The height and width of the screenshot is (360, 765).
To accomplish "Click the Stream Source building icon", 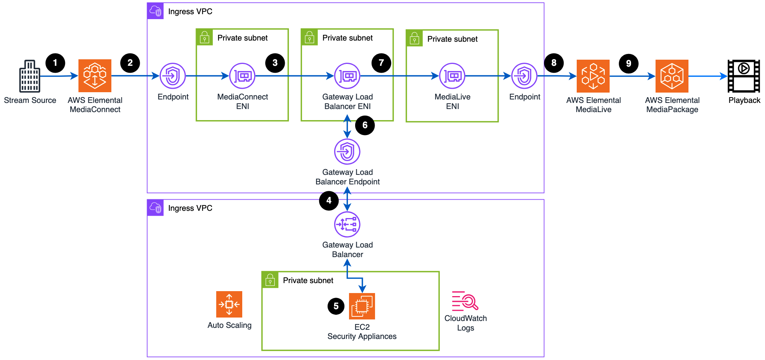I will [x=30, y=76].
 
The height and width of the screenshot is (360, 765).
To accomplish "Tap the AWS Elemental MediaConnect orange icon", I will [x=95, y=76].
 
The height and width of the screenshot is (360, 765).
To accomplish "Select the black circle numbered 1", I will [x=55, y=63].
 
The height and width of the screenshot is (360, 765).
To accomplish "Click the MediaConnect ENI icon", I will [x=242, y=76].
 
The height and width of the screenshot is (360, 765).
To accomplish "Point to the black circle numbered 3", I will [x=275, y=63].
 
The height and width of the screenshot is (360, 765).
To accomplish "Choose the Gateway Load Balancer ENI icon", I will [x=347, y=76].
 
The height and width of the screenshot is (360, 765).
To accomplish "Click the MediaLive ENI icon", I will [x=452, y=76].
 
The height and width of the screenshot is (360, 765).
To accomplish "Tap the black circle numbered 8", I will [x=554, y=63].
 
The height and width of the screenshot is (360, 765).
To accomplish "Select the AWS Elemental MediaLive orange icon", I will [x=593, y=76].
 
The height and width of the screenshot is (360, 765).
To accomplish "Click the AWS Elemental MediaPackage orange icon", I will [x=672, y=76].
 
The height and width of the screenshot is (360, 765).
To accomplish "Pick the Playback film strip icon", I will [x=744, y=76].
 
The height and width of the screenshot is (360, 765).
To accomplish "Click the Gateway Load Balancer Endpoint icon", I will [x=347, y=151].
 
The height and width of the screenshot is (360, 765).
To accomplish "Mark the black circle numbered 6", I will [x=365, y=125].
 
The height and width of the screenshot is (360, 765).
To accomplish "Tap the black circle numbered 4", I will [x=329, y=200].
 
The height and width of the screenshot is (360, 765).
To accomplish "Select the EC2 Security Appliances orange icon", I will [x=362, y=306].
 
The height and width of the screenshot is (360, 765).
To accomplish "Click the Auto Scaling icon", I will [x=229, y=304].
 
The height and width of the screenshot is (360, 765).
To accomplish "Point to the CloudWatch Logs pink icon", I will [x=465, y=301].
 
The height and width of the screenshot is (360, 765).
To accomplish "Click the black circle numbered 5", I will [x=336, y=306].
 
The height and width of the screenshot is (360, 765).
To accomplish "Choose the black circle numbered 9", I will [x=628, y=64].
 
